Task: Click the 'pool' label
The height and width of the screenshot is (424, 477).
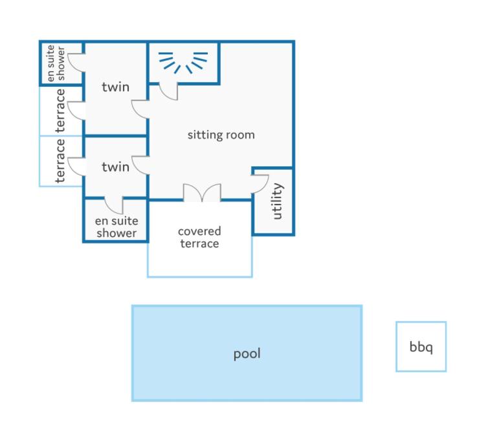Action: coord(247,354)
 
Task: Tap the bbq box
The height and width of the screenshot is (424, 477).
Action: coord(421,346)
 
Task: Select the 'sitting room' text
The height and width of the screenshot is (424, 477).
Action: coord(221,135)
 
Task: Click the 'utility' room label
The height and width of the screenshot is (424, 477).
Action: coord(278,201)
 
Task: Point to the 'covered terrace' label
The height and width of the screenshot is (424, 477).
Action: coord(199,238)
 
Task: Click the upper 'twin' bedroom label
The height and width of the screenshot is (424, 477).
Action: coord(116,87)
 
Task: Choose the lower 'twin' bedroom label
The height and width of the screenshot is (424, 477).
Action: coord(116,167)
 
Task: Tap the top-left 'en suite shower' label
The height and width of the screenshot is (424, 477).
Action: coord(56,63)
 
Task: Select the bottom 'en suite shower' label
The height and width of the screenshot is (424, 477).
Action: coord(116,227)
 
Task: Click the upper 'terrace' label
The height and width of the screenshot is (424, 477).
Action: coord(61,110)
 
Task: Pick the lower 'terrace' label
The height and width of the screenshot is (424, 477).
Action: coord(61,161)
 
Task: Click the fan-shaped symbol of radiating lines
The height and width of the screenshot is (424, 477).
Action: coord(183,62)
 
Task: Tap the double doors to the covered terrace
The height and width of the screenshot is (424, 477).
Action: coord(202,193)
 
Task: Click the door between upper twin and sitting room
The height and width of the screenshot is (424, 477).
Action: coord(140,109)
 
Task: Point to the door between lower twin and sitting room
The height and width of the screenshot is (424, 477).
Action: coord(140,165)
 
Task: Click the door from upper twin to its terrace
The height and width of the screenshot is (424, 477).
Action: coord(76,111)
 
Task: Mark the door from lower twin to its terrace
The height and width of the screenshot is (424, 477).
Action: coord(76,166)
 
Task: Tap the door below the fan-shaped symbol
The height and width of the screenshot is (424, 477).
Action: coord(168,91)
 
